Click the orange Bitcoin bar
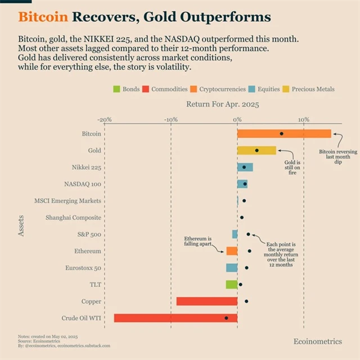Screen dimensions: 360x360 point(284,134)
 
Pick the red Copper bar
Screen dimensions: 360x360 point(206,301)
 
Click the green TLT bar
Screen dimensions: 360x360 point(231,285)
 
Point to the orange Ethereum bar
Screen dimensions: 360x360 point(232,251)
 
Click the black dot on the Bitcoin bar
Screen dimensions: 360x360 point(281,134)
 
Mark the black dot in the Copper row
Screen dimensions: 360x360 point(246,301)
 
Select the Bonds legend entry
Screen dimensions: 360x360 point(127,89)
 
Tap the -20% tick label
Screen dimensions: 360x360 point(104,119)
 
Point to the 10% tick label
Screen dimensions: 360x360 point(304,119)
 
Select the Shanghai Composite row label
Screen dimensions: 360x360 point(73,217)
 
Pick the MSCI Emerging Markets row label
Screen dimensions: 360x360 point(67,201)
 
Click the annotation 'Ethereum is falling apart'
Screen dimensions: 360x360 point(198,241)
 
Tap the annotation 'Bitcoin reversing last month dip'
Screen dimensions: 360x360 point(338,158)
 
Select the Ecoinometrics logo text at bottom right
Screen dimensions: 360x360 point(317,341)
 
